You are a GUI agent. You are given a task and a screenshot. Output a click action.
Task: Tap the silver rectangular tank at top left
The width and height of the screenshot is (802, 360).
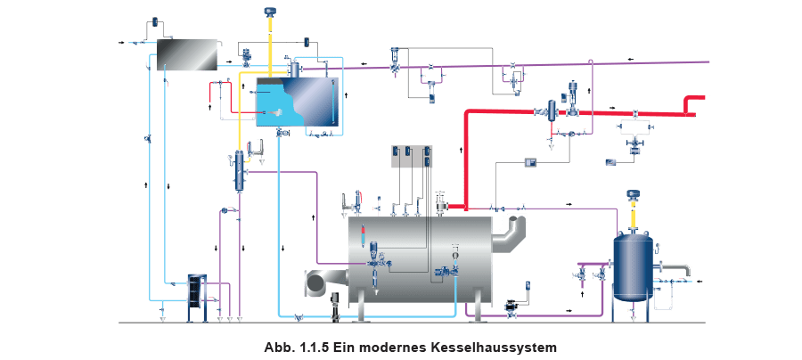(185, 55)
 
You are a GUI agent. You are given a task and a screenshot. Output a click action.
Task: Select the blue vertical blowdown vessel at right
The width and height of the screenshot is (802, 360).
(633, 266)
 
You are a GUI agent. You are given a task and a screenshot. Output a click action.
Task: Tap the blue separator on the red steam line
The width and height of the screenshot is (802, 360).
(553, 110)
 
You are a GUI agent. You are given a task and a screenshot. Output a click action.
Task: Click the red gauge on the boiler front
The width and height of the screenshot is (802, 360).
(363, 237)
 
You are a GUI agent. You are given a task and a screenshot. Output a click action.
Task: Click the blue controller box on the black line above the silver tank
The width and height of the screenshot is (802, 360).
(157, 20)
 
